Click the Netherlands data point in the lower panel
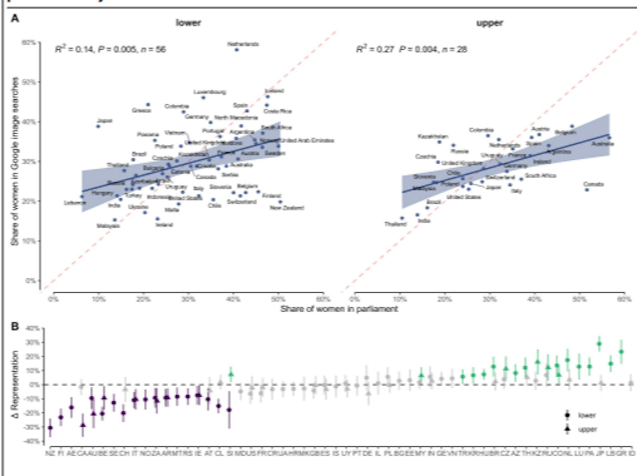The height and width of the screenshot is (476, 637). (236, 50)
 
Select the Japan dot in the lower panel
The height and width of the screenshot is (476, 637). (98, 126)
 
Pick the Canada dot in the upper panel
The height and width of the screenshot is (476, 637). (587, 190)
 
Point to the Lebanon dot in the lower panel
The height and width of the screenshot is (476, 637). (82, 197)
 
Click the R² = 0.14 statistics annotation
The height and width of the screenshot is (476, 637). (110, 50)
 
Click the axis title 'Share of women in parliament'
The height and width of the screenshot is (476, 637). (339, 309)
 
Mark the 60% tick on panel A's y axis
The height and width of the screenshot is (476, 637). (29, 43)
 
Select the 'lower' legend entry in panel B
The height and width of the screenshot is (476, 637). (587, 415)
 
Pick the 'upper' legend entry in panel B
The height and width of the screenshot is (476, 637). (587, 429)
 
